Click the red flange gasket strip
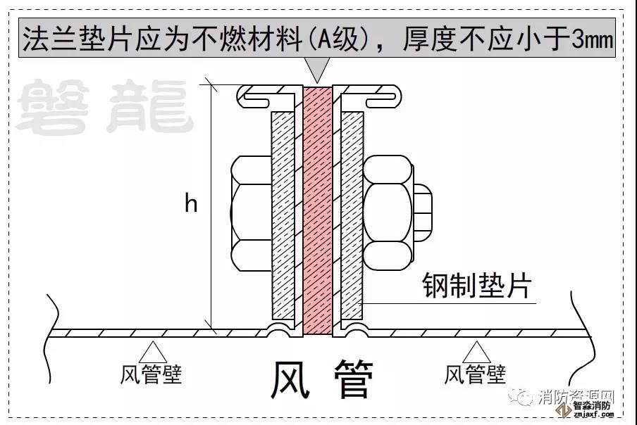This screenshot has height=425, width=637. point(319,211)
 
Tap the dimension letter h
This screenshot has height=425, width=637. point(191,204)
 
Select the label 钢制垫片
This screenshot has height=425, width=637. point(476,287)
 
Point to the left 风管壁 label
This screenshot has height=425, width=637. point(151,374)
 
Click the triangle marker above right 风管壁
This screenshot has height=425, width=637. point(477,350)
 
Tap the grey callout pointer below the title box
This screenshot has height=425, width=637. point(319,69)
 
